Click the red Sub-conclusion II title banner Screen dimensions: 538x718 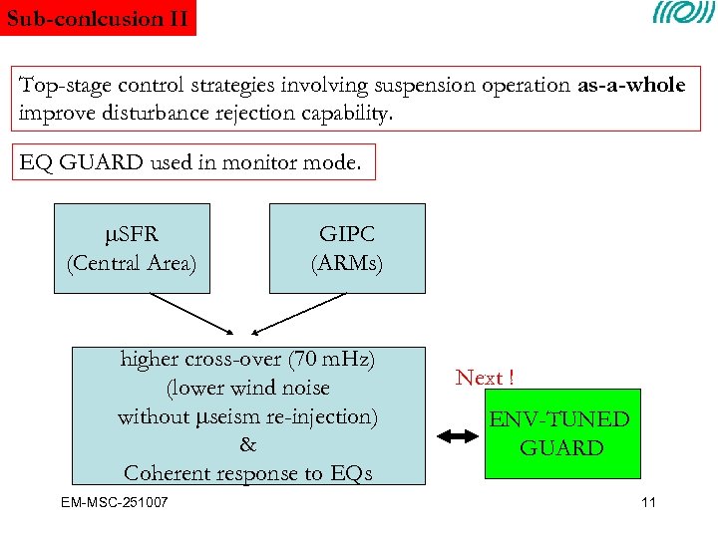point(98,18)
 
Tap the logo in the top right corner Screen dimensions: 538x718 point(683,15)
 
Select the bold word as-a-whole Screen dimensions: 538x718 point(631,86)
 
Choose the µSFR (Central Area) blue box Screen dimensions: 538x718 point(132,248)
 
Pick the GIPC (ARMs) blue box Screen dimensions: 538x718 point(347,248)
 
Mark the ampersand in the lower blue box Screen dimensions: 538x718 point(247,445)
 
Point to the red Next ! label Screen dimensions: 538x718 point(485,379)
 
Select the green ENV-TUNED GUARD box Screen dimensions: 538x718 point(558,433)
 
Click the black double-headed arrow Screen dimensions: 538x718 point(459,435)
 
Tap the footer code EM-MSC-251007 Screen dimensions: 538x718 point(114,501)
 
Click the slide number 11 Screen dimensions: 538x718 point(648,501)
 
